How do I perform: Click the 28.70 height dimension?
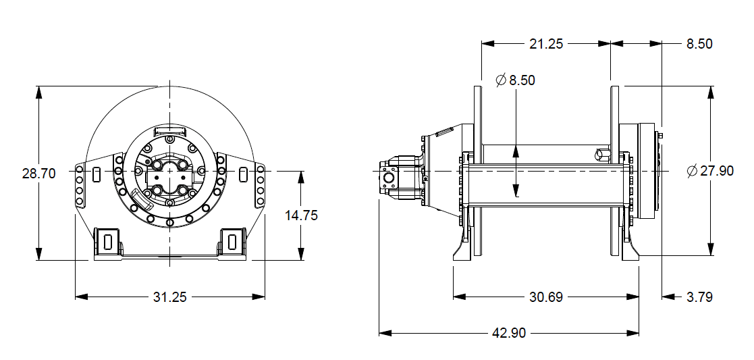(38, 173)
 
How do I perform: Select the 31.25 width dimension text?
(169, 297)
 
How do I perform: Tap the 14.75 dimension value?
(301, 215)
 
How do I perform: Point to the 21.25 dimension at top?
(545, 44)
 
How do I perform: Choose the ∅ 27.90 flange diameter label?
(709, 171)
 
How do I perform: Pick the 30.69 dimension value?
(545, 297)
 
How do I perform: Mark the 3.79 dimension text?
(699, 297)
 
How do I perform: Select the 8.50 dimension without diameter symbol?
(699, 44)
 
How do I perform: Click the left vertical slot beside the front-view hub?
(97, 174)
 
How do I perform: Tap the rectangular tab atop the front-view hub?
(169, 129)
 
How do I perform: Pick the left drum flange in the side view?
(479, 172)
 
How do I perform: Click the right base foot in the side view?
(630, 250)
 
